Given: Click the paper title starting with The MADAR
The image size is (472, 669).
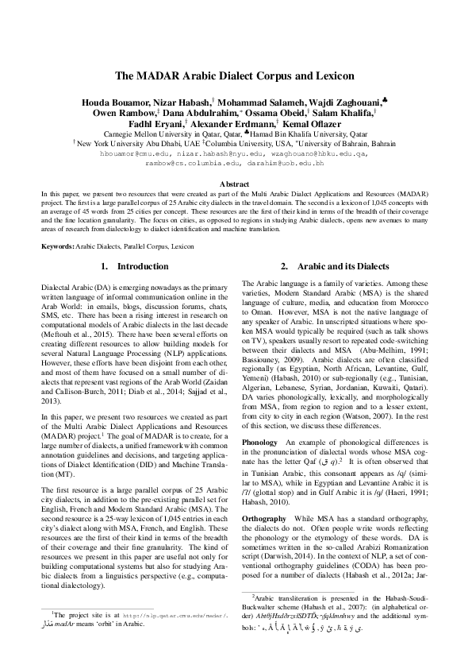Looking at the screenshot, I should click(235, 77).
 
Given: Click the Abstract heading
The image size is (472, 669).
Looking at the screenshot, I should click(235, 184).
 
